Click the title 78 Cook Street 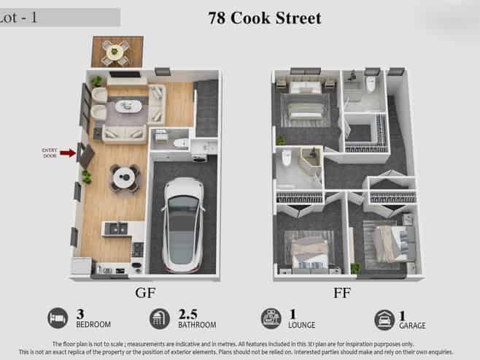pyautogui.click(x=265, y=18)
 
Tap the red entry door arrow pyautogui.click(x=68, y=153)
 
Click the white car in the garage pyautogui.click(x=183, y=225)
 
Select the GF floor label pyautogui.click(x=145, y=293)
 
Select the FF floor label pyautogui.click(x=341, y=293)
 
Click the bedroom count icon pyautogui.click(x=58, y=318)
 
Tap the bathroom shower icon pyautogui.click(x=160, y=319)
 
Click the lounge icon pyautogui.click(x=271, y=318)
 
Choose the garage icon pyautogui.click(x=384, y=320)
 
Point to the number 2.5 pyautogui.click(x=187, y=314)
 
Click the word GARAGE pyautogui.click(x=412, y=326)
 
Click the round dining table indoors pyautogui.click(x=124, y=177)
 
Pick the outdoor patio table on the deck pyautogui.click(x=115, y=51)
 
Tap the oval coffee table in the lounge pyautogui.click(x=128, y=107)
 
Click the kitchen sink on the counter pyautogui.click(x=116, y=229)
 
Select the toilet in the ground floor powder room pyautogui.click(x=181, y=142)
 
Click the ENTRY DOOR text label pyautogui.click(x=50, y=153)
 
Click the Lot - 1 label pyautogui.click(x=18, y=18)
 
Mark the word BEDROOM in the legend pyautogui.click(x=93, y=324)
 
